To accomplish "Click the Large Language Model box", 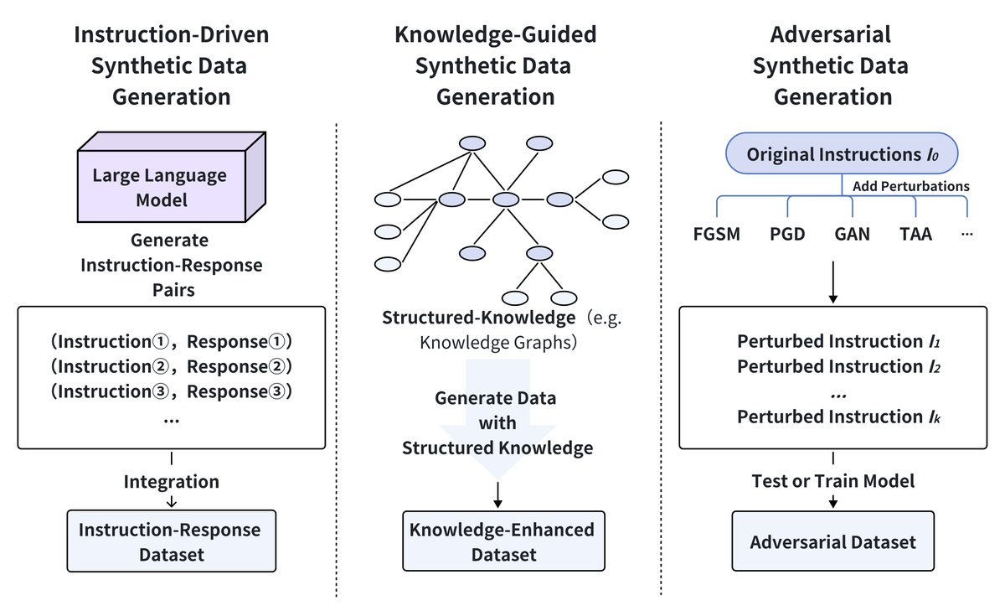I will click(159, 188).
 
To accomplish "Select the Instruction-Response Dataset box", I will click(170, 541).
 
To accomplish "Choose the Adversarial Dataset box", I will click(832, 541).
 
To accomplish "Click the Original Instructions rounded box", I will click(840, 154).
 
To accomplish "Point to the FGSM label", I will click(717, 234).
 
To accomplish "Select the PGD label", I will click(787, 234).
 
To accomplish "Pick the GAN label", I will click(852, 234).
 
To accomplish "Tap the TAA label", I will click(915, 234).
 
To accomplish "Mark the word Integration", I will click(171, 482).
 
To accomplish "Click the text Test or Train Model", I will click(832, 481).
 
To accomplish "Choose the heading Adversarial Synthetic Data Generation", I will click(832, 65).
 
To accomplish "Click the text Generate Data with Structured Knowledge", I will click(497, 422).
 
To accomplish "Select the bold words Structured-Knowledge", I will click(478, 318).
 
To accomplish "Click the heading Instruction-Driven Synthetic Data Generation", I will click(171, 65).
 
